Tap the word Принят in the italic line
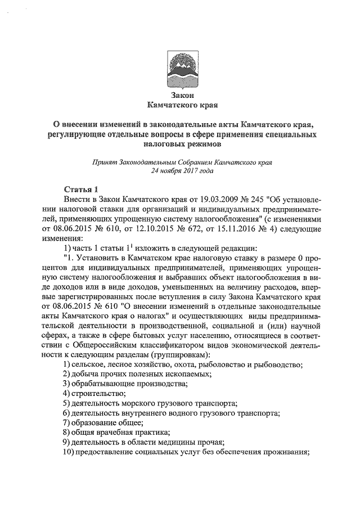[104, 163]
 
